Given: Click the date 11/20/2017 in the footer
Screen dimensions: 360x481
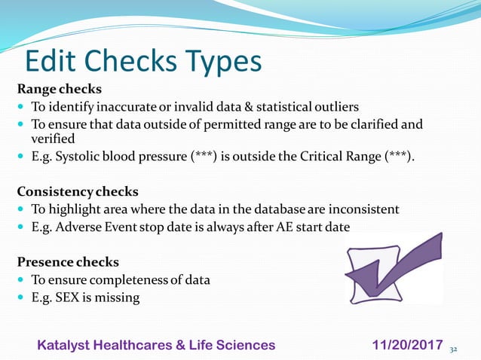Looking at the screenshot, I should pos(408,345).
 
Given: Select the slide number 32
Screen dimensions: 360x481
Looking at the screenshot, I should pos(453,349).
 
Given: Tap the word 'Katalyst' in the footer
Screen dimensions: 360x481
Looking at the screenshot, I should pos(66,345).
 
